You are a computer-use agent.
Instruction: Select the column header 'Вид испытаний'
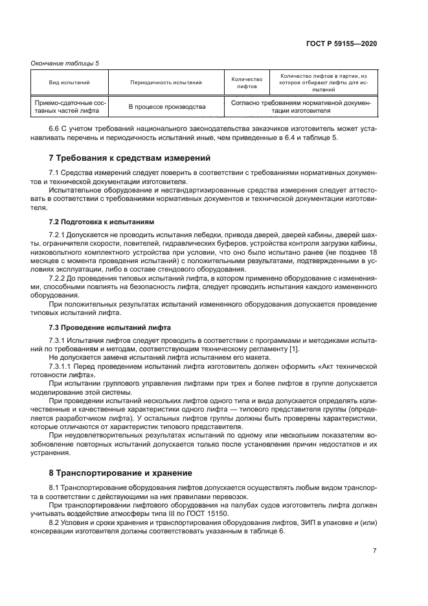69,83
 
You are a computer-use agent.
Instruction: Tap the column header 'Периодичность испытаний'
166,83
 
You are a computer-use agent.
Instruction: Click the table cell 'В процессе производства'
166,107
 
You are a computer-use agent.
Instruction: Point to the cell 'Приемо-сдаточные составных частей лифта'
69,107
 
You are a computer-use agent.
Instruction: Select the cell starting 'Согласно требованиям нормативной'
300,107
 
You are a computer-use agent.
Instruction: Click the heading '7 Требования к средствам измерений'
130,158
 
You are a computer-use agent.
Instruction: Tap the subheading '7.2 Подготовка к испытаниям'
102,221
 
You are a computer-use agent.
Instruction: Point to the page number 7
374,550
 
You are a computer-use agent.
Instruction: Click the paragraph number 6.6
55,129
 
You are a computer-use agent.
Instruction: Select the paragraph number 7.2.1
59,233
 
